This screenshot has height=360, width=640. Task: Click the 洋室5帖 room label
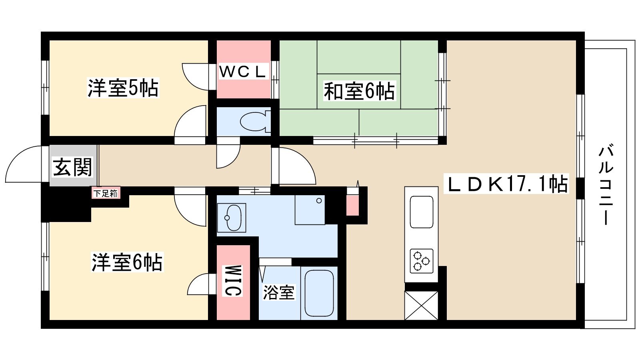click(x=123, y=88)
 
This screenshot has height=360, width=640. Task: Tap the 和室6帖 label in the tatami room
click(x=359, y=91)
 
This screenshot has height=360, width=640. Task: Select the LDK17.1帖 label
click(x=506, y=184)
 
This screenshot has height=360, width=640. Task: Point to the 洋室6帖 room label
click(x=127, y=262)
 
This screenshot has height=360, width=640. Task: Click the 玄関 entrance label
click(x=72, y=167)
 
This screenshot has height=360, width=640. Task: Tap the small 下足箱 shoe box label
click(x=106, y=194)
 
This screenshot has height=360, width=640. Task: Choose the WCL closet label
click(x=244, y=71)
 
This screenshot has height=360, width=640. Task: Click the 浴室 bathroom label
click(x=278, y=292)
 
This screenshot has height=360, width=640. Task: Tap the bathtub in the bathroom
click(x=319, y=293)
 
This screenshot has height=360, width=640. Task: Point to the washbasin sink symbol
click(x=232, y=218)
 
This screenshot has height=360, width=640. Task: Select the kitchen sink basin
click(x=422, y=212)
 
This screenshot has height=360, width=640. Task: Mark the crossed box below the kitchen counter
click(x=421, y=305)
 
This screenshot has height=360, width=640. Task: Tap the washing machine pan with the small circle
click(x=310, y=210)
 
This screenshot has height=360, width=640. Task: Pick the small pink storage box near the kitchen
click(x=352, y=206)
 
